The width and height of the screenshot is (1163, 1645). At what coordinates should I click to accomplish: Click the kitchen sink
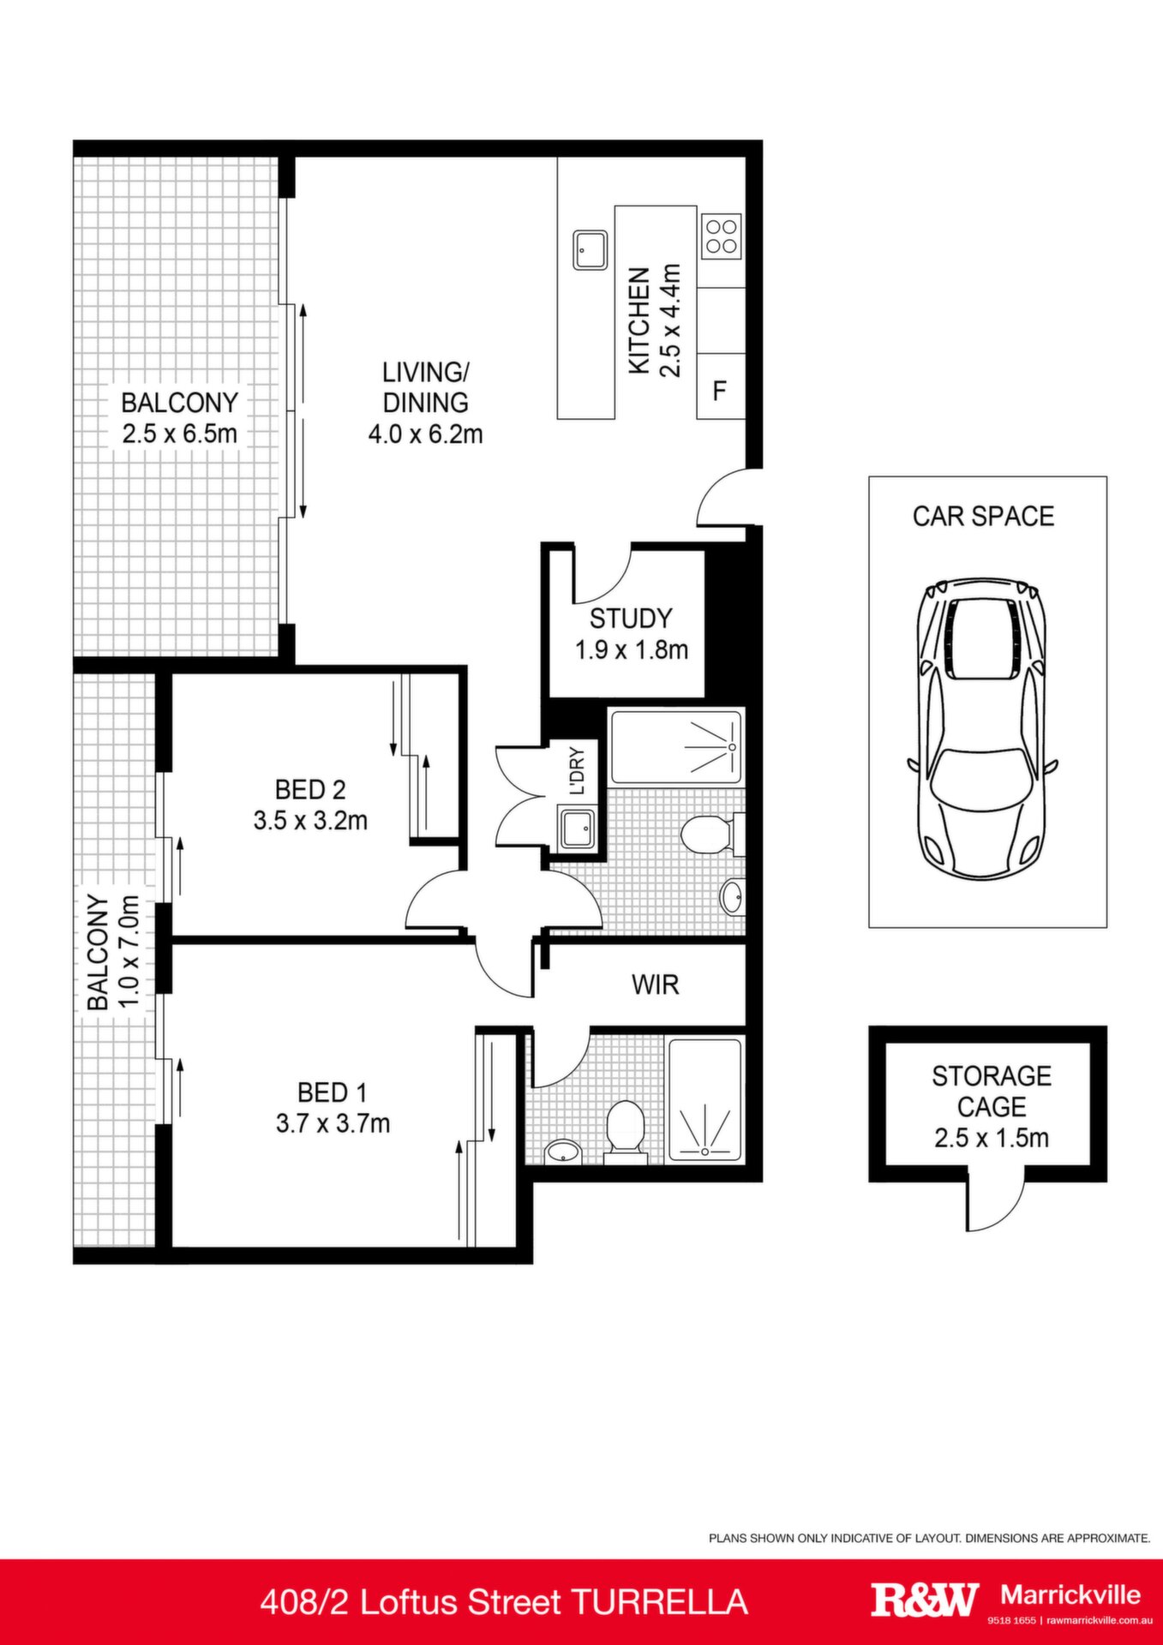click(590, 250)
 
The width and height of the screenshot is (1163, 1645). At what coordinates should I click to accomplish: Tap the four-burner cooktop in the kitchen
click(721, 236)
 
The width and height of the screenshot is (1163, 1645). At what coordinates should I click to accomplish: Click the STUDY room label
click(631, 619)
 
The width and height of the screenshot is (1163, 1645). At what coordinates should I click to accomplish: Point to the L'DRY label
click(577, 771)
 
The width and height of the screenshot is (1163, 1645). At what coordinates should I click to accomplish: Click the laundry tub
click(577, 828)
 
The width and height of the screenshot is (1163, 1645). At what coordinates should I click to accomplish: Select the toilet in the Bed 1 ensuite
click(625, 1132)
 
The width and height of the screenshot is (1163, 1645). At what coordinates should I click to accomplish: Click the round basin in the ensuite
click(562, 1151)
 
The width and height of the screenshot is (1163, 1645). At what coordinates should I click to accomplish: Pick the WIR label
click(656, 984)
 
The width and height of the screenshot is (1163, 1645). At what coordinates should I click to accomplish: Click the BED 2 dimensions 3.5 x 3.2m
click(310, 821)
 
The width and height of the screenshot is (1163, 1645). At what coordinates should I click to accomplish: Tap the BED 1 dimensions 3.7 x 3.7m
click(333, 1123)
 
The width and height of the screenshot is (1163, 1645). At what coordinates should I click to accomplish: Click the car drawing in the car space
click(983, 728)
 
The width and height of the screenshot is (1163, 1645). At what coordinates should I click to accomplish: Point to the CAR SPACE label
click(983, 516)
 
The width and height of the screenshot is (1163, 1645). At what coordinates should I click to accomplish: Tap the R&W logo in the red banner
click(925, 1600)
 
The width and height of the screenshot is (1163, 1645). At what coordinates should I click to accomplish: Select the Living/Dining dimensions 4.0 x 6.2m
click(426, 434)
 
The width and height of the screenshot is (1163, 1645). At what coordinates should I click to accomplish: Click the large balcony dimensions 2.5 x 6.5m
click(179, 434)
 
